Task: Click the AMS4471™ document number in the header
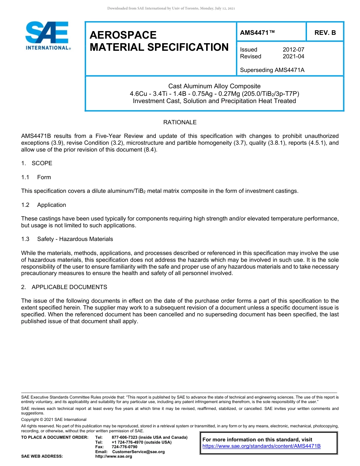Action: [x=257, y=33]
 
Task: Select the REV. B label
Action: [x=325, y=33]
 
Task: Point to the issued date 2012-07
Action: [x=293, y=50]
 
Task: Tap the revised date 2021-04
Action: [x=293, y=56]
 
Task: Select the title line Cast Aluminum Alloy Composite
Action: [x=214, y=86]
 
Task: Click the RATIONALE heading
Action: [x=180, y=122]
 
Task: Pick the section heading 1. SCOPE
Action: [x=37, y=163]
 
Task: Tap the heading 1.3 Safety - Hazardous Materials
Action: [x=67, y=239]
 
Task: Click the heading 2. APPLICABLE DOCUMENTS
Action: [x=64, y=287]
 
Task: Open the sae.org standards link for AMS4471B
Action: [x=261, y=446]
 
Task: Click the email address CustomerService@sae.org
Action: [x=138, y=452]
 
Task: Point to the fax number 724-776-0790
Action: [x=125, y=447]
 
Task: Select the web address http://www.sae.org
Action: [x=114, y=457]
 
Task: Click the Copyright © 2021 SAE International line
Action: [x=54, y=419]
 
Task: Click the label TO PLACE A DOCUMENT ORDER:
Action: [x=55, y=438]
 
